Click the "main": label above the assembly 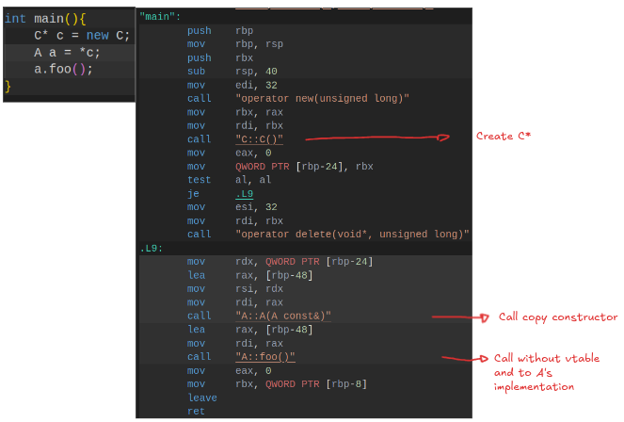tap(160, 17)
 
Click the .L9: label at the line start tap(152, 249)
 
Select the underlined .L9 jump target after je tap(245, 194)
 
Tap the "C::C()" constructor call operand tap(259, 139)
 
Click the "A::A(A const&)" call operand tap(283, 316)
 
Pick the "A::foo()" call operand tap(265, 357)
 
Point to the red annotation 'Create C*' tap(504, 137)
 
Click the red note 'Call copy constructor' tap(558, 316)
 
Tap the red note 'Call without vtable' tap(547, 358)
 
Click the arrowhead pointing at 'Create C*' tap(444, 138)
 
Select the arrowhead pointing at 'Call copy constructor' tap(485, 317)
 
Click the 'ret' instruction tap(196, 412)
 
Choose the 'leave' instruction tap(202, 398)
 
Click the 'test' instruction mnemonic tap(199, 180)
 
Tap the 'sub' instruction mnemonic tap(196, 72)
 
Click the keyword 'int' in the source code tap(15, 19)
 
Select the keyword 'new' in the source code tap(98, 36)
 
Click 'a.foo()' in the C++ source tap(59, 70)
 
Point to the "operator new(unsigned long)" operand tap(322, 98)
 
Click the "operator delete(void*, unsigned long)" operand tap(352, 235)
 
